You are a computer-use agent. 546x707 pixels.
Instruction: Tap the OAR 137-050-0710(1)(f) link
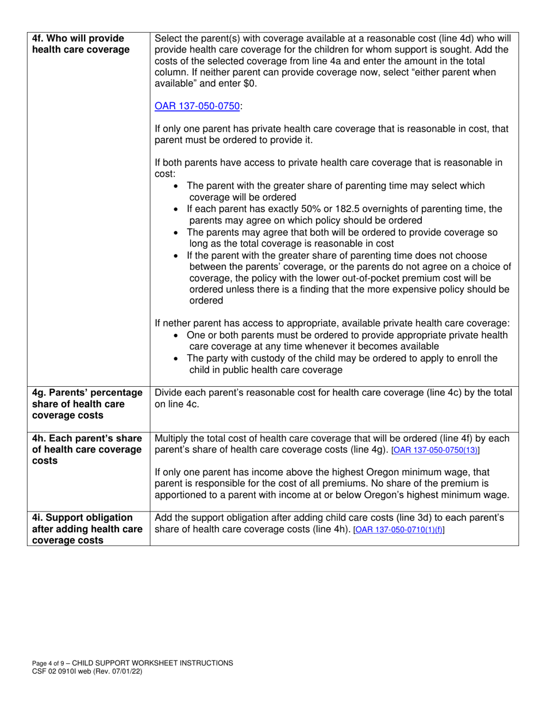click(399, 529)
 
